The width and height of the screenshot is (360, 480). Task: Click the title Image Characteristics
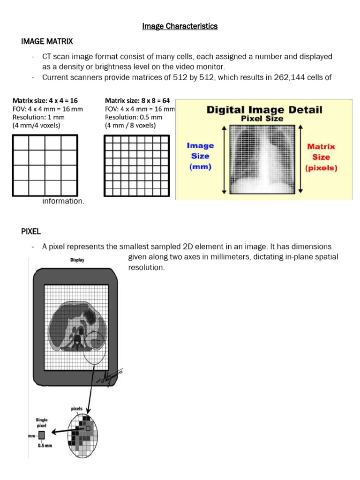click(x=180, y=26)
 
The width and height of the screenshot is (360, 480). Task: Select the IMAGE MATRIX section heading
click(x=47, y=42)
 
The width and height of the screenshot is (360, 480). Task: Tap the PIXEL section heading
click(x=32, y=231)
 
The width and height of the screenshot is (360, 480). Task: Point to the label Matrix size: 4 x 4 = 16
click(x=45, y=100)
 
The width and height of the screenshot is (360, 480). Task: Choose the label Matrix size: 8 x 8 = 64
click(x=137, y=100)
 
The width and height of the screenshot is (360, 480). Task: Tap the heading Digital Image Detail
click(x=264, y=110)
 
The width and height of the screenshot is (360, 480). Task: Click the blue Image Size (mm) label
click(x=200, y=156)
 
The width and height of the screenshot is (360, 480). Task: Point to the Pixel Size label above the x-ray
click(x=262, y=119)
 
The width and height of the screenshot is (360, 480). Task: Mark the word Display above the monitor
click(x=77, y=260)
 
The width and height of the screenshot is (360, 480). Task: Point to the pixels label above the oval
click(x=77, y=408)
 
